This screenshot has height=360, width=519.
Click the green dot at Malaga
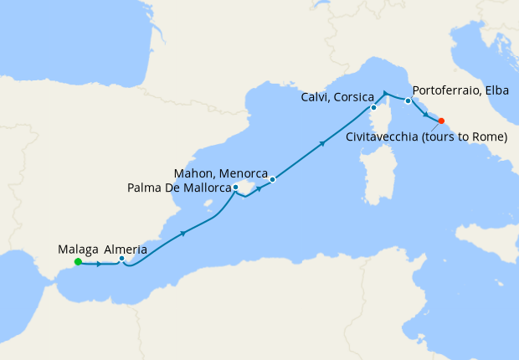[x=78, y=261]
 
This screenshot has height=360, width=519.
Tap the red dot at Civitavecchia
[x=441, y=121]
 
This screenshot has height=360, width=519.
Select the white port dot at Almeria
[x=122, y=259]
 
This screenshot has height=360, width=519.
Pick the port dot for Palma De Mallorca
[x=235, y=188]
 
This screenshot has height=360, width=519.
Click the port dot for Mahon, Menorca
[x=273, y=179]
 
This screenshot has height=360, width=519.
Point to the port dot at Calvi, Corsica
[x=373, y=108]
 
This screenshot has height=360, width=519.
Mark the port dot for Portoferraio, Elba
[x=408, y=101]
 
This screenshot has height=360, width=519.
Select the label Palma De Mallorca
[x=178, y=188]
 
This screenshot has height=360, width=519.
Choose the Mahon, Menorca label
[x=220, y=173]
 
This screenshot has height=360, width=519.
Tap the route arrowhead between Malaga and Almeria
[x=100, y=265]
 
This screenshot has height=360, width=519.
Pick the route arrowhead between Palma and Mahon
[x=259, y=188]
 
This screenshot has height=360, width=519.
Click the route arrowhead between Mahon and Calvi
[x=322, y=144]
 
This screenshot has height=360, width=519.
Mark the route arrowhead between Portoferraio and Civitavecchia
[x=425, y=115]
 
